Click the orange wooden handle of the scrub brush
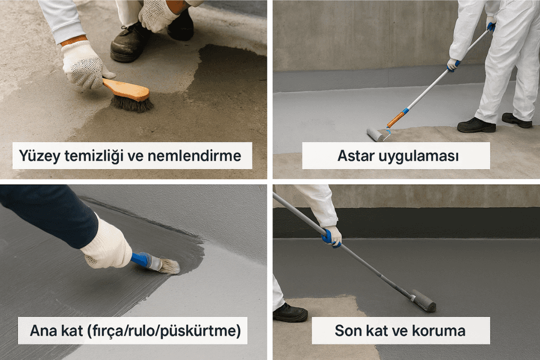(x=126, y=89)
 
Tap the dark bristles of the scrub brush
(x=131, y=103)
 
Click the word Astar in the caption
(x=356, y=155)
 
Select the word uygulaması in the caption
(x=418, y=156)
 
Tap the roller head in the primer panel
(x=375, y=134)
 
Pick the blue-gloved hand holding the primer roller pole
(x=454, y=65)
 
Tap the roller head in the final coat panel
(x=423, y=300)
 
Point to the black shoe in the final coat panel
(x=289, y=312)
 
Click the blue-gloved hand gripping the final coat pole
(x=331, y=236)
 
